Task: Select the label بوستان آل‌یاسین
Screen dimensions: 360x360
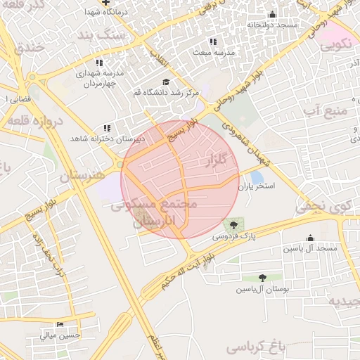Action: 262,289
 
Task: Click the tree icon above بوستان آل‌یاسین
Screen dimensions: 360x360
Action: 262,278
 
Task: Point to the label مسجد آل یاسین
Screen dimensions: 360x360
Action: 310,249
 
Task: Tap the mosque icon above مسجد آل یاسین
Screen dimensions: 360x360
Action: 310,238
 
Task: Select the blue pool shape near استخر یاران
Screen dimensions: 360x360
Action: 257,176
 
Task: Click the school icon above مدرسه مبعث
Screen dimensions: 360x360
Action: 213,41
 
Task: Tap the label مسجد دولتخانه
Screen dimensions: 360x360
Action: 272,25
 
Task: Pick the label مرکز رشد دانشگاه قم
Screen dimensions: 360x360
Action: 167,92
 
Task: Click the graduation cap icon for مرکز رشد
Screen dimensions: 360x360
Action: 166,82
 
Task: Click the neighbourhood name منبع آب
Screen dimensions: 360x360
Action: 328,110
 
